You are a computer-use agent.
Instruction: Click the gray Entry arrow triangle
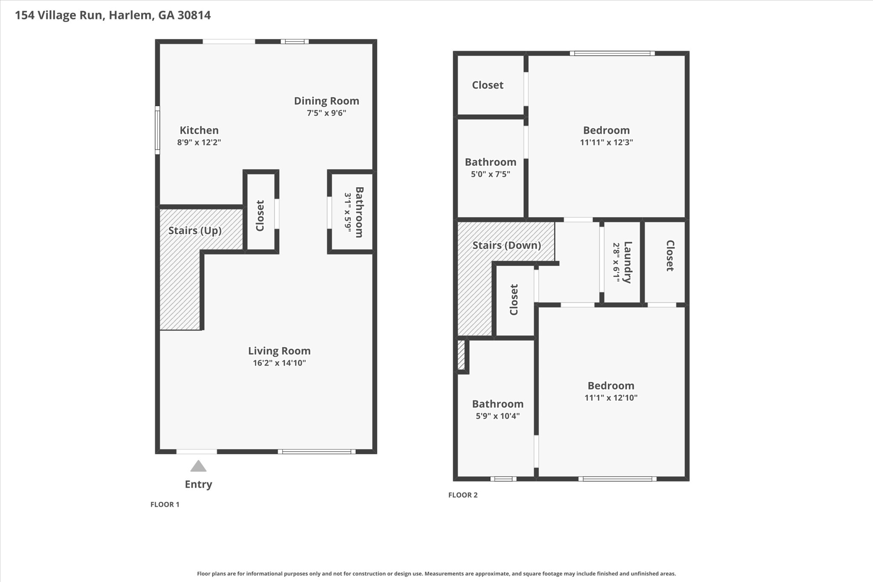(198, 466)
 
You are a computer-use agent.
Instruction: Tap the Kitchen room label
(199, 130)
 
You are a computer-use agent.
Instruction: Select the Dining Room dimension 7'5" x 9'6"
(327, 113)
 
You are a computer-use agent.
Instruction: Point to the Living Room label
(279, 351)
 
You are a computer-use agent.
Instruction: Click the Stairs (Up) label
(195, 231)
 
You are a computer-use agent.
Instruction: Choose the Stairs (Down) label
(507, 246)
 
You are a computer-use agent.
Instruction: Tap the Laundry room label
(627, 262)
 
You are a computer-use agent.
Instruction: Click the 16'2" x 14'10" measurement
(279, 363)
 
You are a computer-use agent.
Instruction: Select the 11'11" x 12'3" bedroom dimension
(606, 142)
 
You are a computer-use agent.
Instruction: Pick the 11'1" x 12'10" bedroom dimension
(611, 398)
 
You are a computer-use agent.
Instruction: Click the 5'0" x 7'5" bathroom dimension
(490, 174)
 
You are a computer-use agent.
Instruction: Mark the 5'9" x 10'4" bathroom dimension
(497, 416)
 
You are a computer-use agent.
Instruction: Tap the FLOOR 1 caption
(165, 504)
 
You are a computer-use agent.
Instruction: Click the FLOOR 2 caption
(463, 495)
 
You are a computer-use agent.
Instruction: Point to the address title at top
(113, 15)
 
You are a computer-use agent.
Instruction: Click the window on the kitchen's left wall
(157, 130)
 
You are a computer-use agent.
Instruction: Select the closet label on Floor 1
(260, 216)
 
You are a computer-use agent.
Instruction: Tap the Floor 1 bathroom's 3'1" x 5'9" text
(348, 212)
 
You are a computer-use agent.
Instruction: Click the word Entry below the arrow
(198, 484)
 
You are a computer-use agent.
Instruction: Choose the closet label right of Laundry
(670, 256)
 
